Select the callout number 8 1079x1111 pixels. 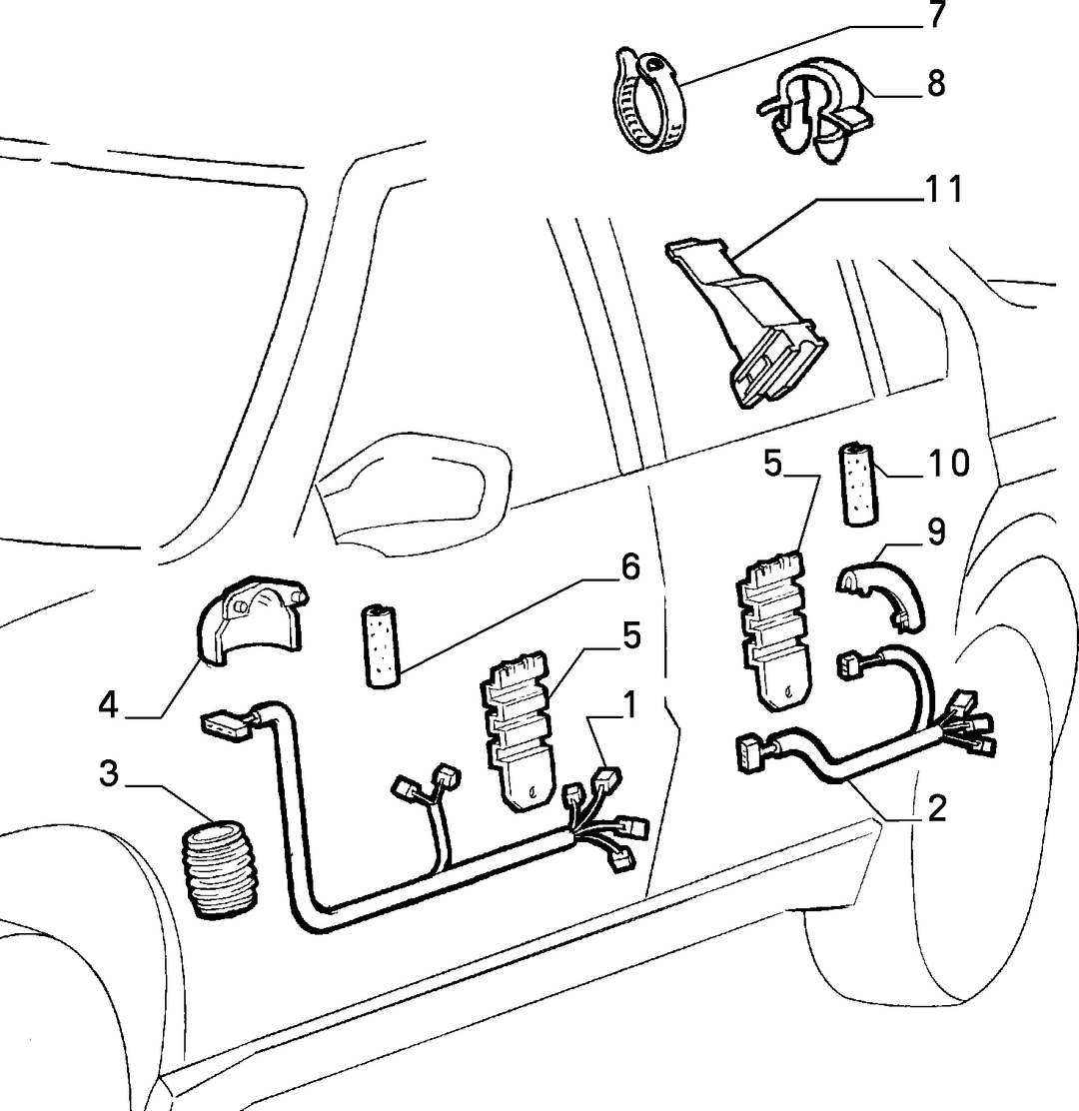point(936,84)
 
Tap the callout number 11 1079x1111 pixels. point(945,189)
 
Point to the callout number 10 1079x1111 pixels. point(949,464)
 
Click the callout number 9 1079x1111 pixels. point(936,533)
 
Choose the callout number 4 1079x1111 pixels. point(108,705)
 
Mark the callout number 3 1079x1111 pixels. point(108,773)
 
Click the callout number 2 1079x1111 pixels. point(936,808)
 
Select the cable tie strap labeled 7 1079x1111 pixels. point(646,101)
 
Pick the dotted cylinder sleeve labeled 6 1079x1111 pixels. point(382,644)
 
